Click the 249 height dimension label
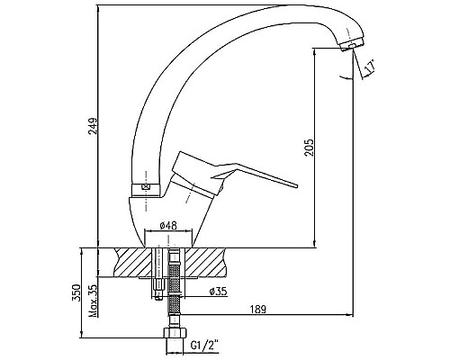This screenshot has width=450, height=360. coord(94,126)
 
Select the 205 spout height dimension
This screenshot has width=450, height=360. coord(309,147)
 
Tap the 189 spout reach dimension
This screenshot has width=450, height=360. coord(258,309)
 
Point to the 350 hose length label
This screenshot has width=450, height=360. coord(77,292)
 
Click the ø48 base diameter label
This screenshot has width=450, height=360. coord(168,225)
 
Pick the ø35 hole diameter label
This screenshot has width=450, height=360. coord(219,291)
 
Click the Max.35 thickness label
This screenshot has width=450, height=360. coord(94,301)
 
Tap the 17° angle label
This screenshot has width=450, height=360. coord(370,67)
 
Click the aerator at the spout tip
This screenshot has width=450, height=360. coord(353,45)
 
